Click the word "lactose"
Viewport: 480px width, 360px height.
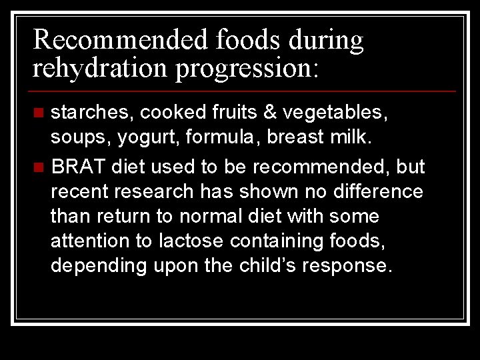click(x=188, y=241)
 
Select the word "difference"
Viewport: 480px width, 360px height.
click(x=374, y=192)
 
